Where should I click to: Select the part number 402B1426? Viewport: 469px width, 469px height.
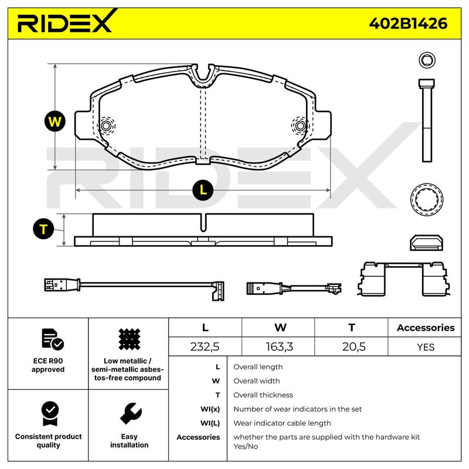[x=408, y=23]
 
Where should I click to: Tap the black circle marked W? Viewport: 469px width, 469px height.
[x=55, y=121]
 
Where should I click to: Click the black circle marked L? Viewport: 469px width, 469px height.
[x=203, y=190]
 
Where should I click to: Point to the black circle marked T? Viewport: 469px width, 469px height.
[x=43, y=229]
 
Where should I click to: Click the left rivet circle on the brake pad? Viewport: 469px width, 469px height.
[x=106, y=125]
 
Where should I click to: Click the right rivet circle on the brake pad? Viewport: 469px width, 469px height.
[x=300, y=125]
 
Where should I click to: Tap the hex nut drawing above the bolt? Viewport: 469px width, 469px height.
[x=427, y=60]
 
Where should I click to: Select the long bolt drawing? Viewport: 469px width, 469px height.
[x=427, y=120]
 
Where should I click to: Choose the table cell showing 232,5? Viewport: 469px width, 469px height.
[x=205, y=346]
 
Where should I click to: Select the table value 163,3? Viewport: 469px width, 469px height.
[x=280, y=346]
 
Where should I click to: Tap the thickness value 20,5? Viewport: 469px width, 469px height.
[x=354, y=346]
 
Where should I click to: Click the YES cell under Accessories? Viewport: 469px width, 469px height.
[x=426, y=347]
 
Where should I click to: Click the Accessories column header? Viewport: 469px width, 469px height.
[x=426, y=328]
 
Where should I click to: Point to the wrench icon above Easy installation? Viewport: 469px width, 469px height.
[x=131, y=414]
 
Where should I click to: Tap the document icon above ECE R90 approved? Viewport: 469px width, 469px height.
[x=53, y=339]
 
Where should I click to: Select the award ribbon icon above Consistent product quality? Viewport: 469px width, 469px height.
[x=50, y=414]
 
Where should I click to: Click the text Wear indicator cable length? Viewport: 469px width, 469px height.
[x=282, y=423]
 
